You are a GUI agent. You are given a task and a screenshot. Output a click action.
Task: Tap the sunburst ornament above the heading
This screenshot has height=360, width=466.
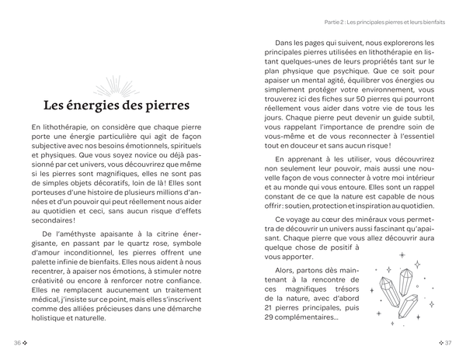click(x=116, y=84)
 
